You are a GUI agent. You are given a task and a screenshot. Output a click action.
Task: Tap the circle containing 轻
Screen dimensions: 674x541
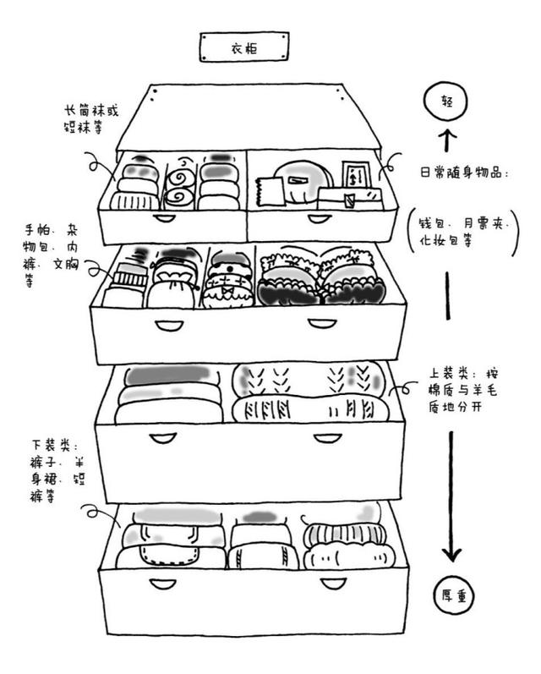(447, 101)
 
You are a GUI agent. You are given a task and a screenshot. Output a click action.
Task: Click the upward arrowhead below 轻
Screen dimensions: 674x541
(447, 136)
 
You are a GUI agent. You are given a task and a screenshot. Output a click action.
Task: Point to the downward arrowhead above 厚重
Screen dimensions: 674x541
(452, 553)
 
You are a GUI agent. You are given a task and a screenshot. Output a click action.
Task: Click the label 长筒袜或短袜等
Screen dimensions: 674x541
(96, 118)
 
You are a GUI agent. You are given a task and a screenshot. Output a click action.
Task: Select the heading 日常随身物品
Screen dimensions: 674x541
(464, 173)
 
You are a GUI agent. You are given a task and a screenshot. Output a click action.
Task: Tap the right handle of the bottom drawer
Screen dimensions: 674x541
(328, 583)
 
